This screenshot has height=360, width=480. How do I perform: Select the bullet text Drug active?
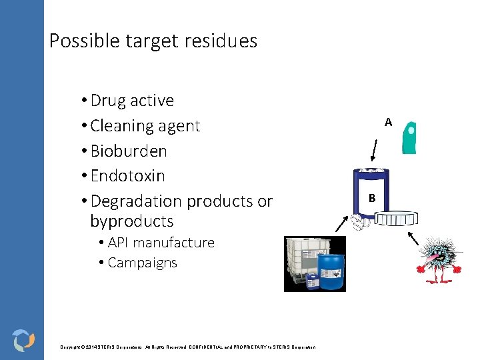point(132,101)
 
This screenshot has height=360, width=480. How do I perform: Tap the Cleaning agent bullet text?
point(145,126)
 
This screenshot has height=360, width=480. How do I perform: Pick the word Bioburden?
point(129,151)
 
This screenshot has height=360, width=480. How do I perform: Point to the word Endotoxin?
point(127,176)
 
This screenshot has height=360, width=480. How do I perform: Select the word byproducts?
point(131,221)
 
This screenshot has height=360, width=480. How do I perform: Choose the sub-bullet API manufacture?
point(161,243)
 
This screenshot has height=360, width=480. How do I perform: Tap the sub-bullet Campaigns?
point(142,263)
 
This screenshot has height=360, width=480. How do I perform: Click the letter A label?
point(388,122)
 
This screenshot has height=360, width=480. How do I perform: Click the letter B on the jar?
point(371,198)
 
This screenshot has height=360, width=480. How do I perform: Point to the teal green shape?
point(409,137)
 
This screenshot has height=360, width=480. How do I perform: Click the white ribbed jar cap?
point(396,219)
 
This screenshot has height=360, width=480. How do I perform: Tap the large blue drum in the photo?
point(331,271)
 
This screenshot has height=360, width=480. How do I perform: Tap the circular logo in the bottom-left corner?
point(23,339)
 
